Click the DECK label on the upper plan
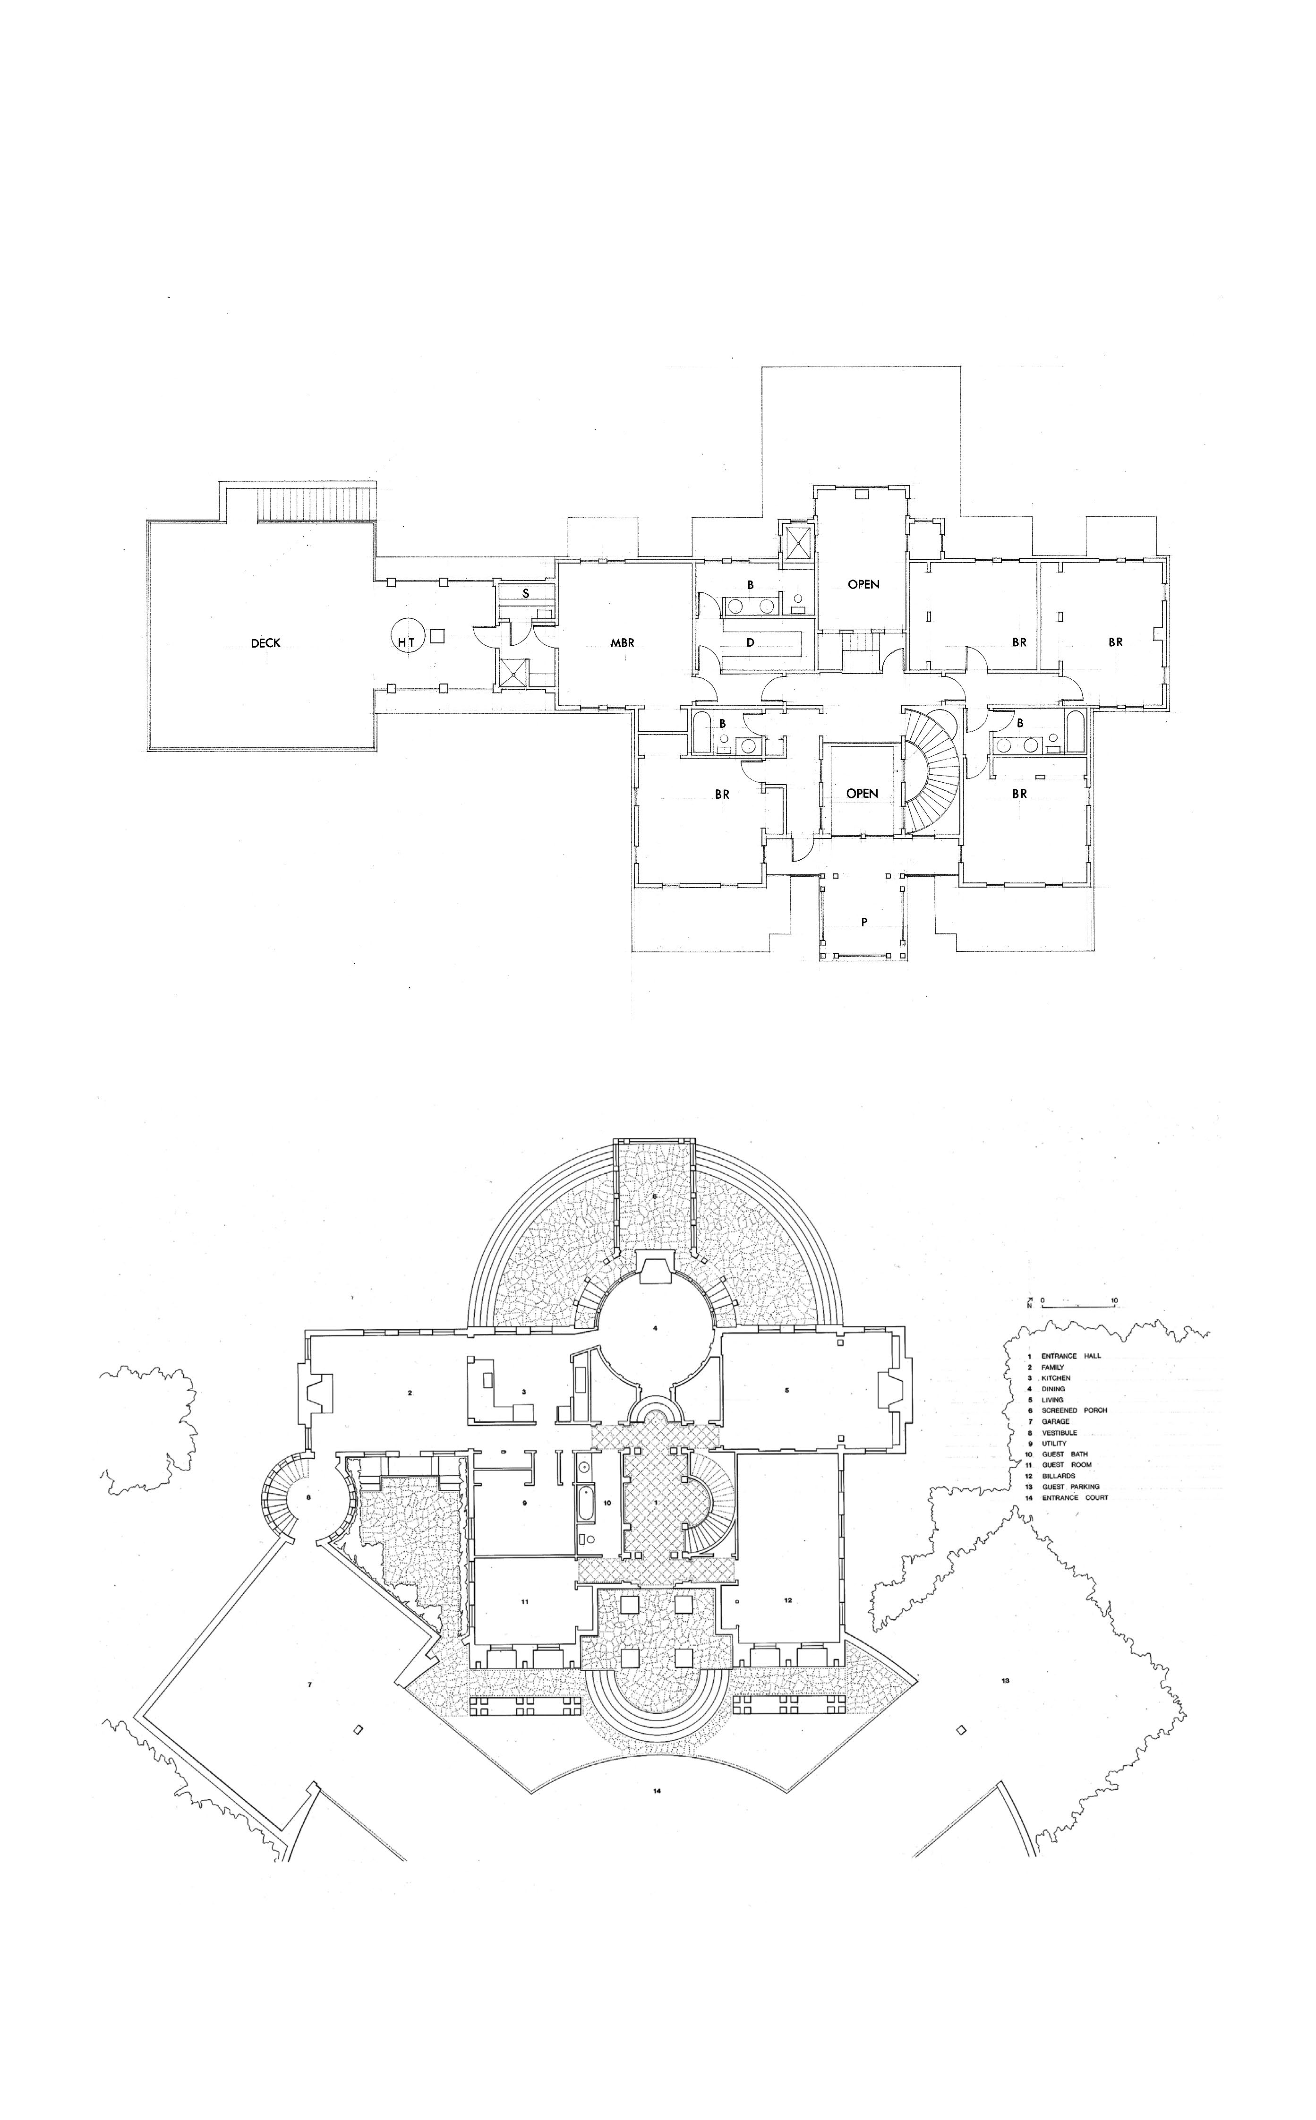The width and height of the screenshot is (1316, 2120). pos(265,643)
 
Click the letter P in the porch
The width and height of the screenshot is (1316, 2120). pos(864,922)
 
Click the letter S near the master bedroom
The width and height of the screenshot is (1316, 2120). pos(526,593)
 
